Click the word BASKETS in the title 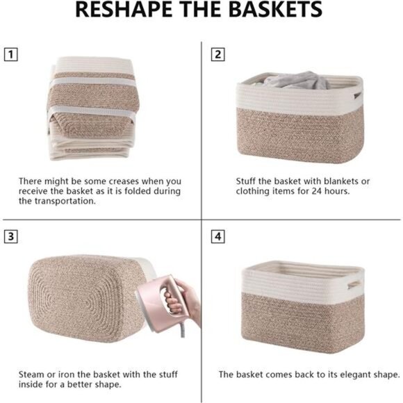(x=270, y=10)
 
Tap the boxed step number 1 (x=10, y=53)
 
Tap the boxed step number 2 (x=218, y=53)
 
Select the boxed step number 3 (x=10, y=236)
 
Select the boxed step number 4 (x=218, y=236)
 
